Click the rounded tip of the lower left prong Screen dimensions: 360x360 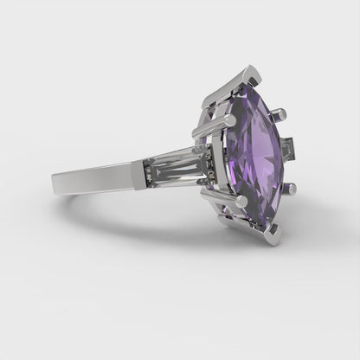(207, 191)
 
